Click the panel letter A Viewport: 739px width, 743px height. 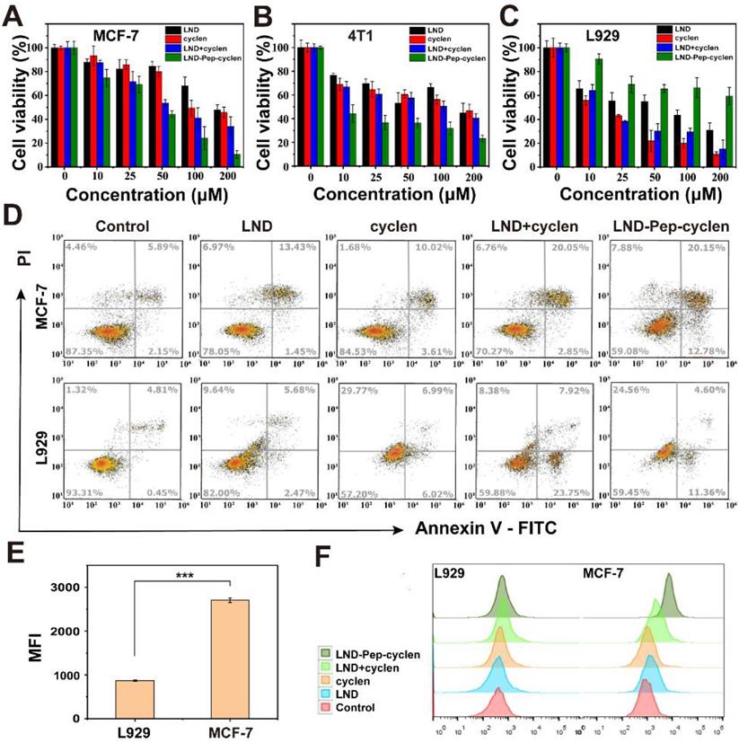click(x=17, y=15)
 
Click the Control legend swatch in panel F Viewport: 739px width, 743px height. click(x=327, y=706)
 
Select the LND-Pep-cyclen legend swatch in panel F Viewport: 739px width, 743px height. click(x=327, y=653)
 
